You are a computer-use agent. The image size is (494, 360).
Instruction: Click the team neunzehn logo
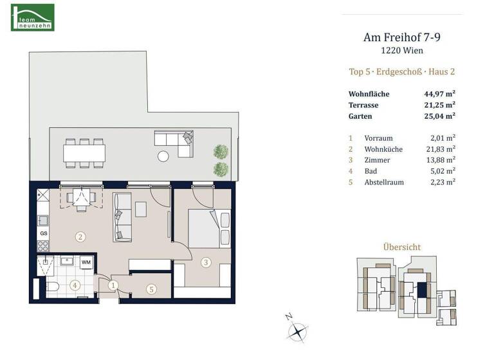pyautogui.click(x=33, y=17)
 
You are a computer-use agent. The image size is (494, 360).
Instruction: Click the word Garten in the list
pyautogui.click(x=360, y=116)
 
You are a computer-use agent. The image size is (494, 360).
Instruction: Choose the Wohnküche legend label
pyautogui.click(x=383, y=149)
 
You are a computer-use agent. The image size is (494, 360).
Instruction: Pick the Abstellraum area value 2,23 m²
pyautogui.click(x=442, y=182)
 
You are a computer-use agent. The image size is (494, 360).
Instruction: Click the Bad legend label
pyautogui.click(x=370, y=171)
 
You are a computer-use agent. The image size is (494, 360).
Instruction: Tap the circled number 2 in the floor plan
pyautogui.click(x=80, y=237)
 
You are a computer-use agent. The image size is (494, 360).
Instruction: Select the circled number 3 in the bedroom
pyautogui.click(x=205, y=262)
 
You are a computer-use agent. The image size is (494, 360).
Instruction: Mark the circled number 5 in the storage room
pyautogui.click(x=151, y=289)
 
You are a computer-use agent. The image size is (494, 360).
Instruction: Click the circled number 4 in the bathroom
pyautogui.click(x=75, y=285)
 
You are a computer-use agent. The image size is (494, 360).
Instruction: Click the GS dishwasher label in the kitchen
pyautogui.click(x=44, y=233)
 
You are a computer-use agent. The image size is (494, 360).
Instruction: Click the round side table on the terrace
pyautogui.click(x=164, y=154)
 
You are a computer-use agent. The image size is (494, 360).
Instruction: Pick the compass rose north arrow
pyautogui.click(x=297, y=332)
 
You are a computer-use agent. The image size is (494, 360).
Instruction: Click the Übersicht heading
pyautogui.click(x=401, y=247)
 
